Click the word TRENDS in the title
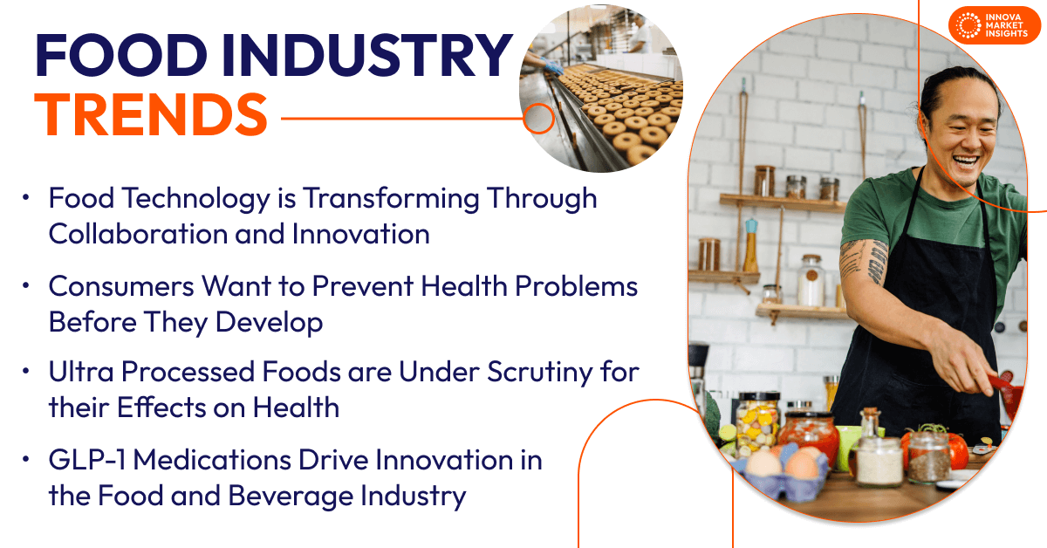[x=151, y=114]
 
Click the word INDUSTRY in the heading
[x=367, y=55]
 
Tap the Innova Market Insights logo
[x=994, y=25]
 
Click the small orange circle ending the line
[x=538, y=119]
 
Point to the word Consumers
[x=121, y=285]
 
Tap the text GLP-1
[x=87, y=460]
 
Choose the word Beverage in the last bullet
[x=291, y=497]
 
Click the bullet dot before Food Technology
[x=25, y=197]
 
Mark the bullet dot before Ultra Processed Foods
[x=25, y=371]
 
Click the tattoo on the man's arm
[x=864, y=262]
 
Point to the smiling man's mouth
[x=966, y=162]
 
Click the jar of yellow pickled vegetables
[x=757, y=423]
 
